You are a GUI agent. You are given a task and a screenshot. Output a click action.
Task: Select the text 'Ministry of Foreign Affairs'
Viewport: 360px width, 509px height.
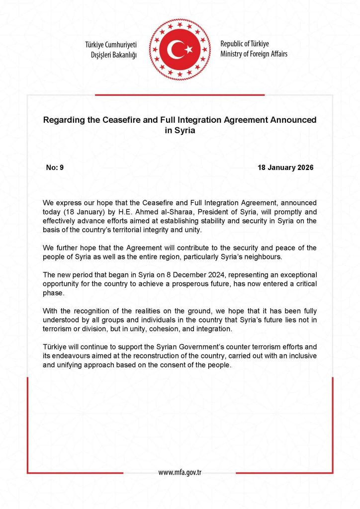(254, 54)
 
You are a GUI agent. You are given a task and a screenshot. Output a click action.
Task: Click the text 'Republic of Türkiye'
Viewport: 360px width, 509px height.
(245, 44)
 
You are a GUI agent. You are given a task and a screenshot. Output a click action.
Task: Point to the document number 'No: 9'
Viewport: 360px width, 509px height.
(55, 168)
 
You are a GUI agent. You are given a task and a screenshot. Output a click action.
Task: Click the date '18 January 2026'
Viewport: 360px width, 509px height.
(285, 168)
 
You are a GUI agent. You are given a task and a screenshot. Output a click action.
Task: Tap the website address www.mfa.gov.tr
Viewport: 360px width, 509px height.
(180, 472)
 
